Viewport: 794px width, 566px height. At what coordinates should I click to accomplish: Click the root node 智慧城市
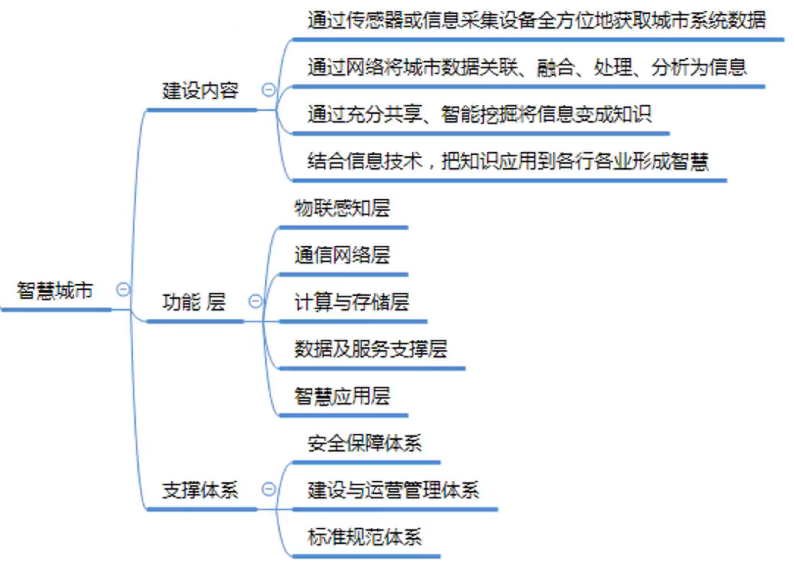pos(55,291)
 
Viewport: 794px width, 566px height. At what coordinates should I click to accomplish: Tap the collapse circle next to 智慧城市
pos(123,289)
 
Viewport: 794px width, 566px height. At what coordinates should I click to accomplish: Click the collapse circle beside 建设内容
pos(269,90)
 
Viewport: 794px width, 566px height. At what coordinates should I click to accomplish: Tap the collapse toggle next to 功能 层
pos(256,301)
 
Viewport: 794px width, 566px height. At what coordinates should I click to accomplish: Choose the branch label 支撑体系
pos(200,490)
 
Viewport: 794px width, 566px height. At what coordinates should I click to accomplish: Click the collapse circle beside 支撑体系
pos(269,489)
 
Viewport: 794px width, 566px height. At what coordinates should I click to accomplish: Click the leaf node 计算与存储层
pos(352,302)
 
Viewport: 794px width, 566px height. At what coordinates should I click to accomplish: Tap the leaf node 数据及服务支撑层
pos(370,349)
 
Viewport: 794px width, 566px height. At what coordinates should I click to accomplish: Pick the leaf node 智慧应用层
pos(342,396)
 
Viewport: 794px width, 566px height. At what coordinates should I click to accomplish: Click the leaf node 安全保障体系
pos(364,443)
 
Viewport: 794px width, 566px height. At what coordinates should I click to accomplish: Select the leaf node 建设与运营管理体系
pos(393,490)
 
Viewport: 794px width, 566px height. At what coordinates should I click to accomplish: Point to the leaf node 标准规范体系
pos(364,537)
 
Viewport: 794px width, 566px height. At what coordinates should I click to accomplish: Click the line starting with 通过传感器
pos(536,21)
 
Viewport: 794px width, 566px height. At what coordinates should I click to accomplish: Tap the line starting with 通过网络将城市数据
pos(527,68)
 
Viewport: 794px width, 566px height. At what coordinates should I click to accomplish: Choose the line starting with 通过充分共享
pos(479,115)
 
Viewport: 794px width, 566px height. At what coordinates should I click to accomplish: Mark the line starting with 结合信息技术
pos(508,162)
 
